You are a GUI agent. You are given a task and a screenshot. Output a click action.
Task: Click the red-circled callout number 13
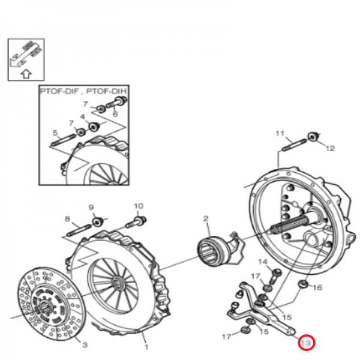[x=306, y=343]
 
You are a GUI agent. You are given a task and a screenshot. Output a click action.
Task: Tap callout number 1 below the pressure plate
[x=146, y=346]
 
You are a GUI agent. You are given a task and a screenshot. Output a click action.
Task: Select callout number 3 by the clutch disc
[x=85, y=344]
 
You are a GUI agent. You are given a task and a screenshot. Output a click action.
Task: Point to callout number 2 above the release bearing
[x=206, y=218]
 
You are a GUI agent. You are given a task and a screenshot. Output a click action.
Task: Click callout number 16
[x=318, y=287]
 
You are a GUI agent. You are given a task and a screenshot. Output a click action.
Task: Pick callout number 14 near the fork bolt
[x=263, y=262]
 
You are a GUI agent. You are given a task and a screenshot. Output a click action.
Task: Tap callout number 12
[x=330, y=148]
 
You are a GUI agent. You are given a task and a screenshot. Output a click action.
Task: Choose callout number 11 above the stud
[x=280, y=133]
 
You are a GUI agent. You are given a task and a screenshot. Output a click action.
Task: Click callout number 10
[x=139, y=206]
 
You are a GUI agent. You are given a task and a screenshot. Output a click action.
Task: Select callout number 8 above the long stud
[x=67, y=218]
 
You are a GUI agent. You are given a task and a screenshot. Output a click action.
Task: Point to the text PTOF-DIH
[x=107, y=91]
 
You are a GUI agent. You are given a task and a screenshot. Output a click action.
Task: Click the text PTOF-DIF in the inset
[x=59, y=91]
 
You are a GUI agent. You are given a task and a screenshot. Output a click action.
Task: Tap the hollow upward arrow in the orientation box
[x=26, y=74]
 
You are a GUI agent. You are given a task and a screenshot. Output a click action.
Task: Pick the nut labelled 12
[x=313, y=137]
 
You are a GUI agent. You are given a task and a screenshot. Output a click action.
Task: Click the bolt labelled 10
[x=136, y=222]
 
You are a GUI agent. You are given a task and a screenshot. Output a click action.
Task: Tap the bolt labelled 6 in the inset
[x=117, y=103]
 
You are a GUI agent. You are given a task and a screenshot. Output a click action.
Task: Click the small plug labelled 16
[x=303, y=284]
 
